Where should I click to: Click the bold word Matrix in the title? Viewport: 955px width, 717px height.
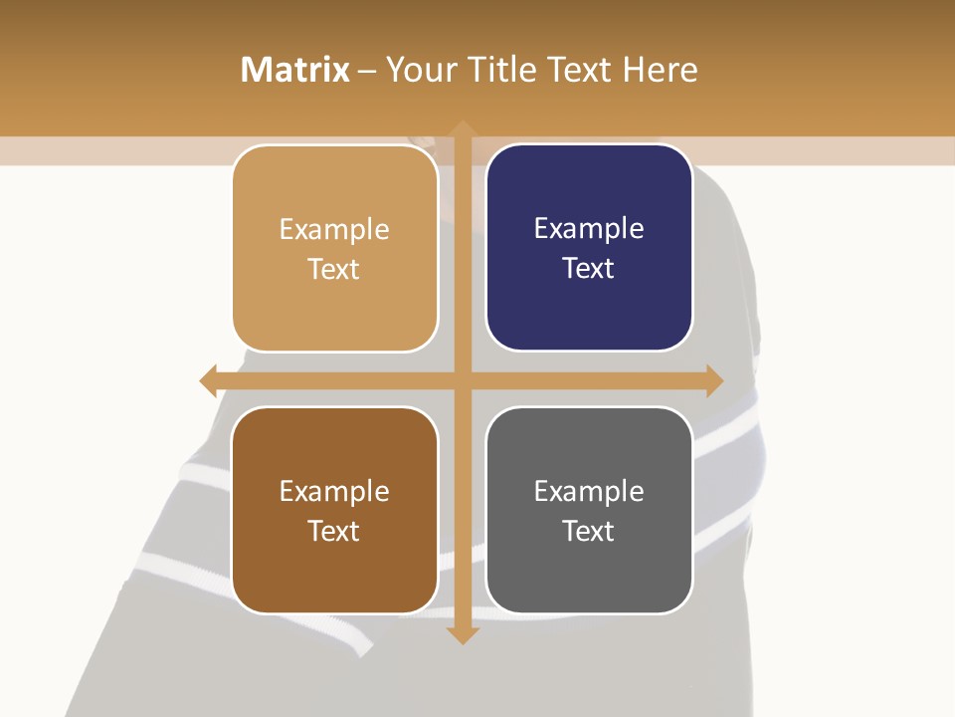(295, 70)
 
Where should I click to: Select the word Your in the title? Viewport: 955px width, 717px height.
(419, 70)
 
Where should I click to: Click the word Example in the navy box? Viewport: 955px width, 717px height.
(589, 229)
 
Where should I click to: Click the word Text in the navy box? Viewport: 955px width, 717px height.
(589, 269)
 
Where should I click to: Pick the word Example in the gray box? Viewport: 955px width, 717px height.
(589, 491)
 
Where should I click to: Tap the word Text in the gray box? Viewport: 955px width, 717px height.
(589, 531)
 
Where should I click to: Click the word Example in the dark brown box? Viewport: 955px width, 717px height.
(334, 491)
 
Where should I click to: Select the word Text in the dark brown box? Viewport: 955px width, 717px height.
(334, 531)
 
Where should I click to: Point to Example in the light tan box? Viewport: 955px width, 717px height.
(334, 230)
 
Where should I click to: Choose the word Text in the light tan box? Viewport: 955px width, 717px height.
(334, 270)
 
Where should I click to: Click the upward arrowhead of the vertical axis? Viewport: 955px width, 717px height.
(462, 129)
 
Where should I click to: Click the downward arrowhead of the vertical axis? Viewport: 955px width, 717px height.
(462, 634)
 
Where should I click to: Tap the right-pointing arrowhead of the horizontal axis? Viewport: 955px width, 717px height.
(713, 380)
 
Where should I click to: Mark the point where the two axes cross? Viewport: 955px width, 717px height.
(462, 380)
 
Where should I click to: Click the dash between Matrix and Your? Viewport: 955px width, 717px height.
(367, 70)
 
